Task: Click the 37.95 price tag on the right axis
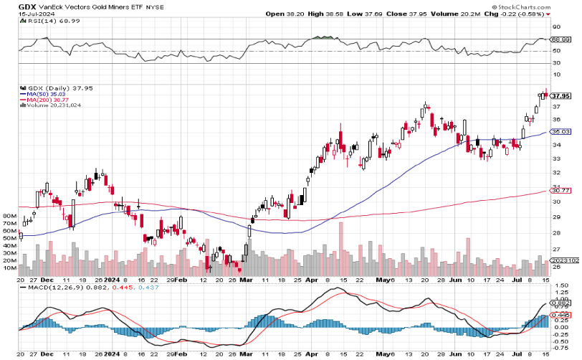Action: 560,95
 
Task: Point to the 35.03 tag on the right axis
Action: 560,132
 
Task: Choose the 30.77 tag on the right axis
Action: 560,190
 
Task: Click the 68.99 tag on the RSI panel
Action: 560,40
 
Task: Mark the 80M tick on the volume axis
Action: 11,215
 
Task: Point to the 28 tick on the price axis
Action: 555,232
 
